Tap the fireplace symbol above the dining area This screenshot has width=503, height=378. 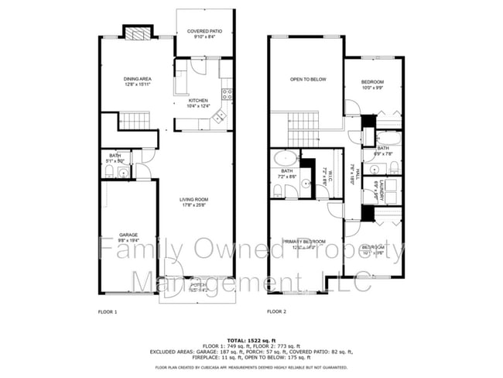[136, 33]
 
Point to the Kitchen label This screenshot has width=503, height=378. [199, 103]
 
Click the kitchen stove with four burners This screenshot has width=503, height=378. [228, 94]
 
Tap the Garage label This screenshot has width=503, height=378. [128, 236]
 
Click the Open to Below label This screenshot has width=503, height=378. [307, 79]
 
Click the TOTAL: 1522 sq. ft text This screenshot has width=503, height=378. [251, 339]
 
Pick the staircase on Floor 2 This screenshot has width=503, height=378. [305, 120]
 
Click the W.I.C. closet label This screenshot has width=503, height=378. [327, 177]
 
